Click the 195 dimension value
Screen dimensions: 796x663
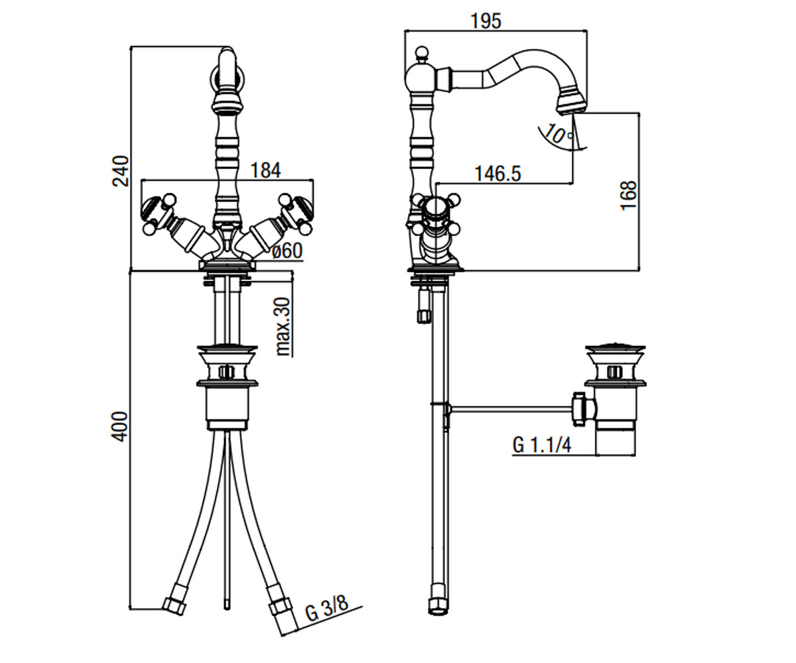click(486, 21)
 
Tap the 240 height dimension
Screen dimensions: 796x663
click(121, 170)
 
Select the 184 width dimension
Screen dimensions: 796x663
click(266, 170)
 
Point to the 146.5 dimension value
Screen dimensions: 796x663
click(498, 174)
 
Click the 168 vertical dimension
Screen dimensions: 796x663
click(629, 195)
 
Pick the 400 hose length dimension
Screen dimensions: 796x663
click(121, 426)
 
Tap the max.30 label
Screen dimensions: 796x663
click(284, 327)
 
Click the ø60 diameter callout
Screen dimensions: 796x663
click(288, 251)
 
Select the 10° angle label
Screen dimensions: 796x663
click(558, 133)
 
